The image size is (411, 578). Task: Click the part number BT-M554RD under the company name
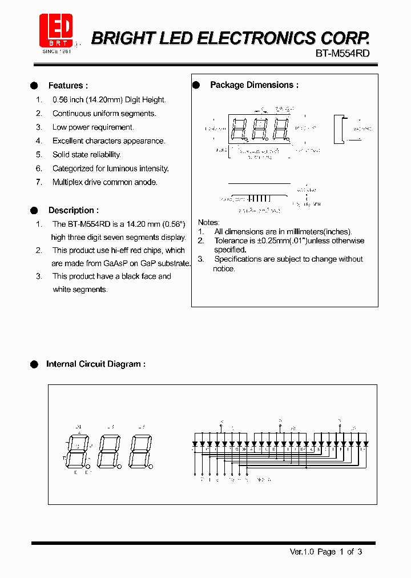pos(342,53)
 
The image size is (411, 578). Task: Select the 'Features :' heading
pos(68,86)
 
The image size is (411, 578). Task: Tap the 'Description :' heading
pos(73,210)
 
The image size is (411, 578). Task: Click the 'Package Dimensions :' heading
pos(254,85)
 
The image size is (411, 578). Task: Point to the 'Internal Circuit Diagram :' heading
pos(95,364)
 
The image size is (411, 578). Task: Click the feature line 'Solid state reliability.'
pos(86,155)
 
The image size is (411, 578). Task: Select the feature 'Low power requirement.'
pos(93,127)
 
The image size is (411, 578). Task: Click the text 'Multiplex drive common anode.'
pos(104,182)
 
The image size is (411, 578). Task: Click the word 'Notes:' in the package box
pos(208,222)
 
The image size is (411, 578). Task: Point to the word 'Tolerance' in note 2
pos(231,240)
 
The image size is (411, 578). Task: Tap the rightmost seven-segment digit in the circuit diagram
pos(140,451)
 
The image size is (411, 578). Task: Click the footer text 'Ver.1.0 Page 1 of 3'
pos(325,552)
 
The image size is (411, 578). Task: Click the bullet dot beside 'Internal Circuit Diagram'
pos(34,364)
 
